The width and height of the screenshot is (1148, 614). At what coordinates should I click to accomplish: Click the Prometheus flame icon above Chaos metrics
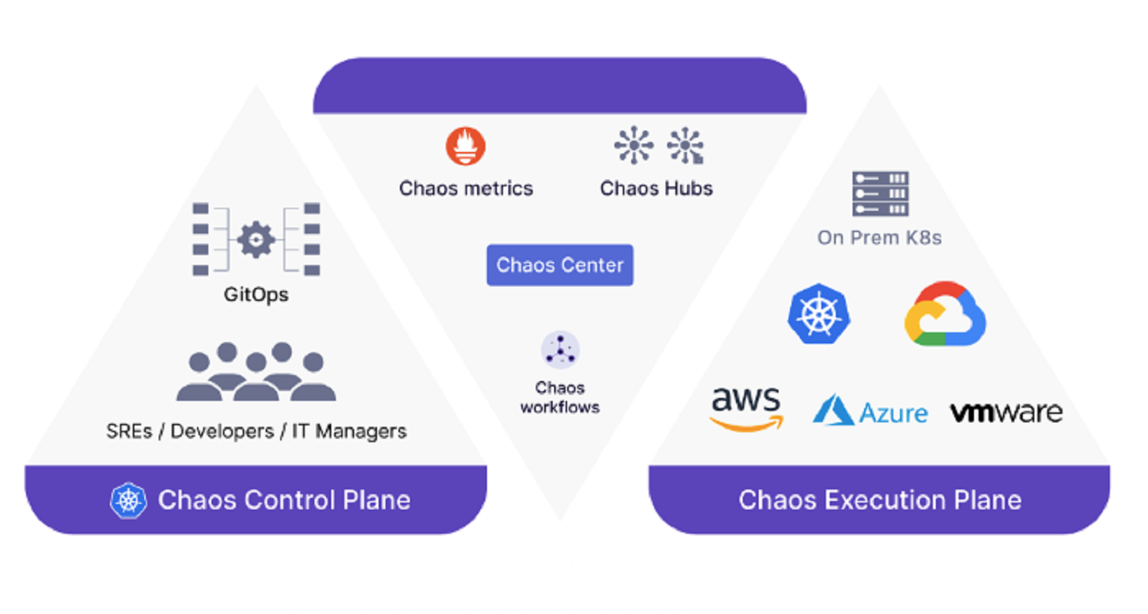(x=466, y=146)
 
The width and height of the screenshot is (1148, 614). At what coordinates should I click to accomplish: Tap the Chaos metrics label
(x=466, y=189)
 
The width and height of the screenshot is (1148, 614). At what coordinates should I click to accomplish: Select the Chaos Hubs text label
(x=656, y=189)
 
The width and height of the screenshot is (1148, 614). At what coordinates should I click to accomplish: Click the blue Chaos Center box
(x=560, y=265)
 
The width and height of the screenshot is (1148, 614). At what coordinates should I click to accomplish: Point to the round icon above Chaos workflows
(x=560, y=351)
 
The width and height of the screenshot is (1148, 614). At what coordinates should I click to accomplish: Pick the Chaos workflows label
(x=560, y=397)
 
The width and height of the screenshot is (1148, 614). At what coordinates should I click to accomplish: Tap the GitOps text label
(x=256, y=294)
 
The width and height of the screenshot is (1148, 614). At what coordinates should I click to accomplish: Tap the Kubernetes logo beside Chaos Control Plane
(x=129, y=501)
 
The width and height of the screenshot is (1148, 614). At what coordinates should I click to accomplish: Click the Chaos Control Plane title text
(x=284, y=500)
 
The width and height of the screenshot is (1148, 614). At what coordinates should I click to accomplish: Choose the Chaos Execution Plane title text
(x=880, y=500)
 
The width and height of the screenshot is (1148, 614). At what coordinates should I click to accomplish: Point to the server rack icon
(x=880, y=194)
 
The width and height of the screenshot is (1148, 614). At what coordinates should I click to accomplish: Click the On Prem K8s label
(x=879, y=238)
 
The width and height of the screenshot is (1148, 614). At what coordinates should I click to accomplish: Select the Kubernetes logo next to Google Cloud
(x=818, y=314)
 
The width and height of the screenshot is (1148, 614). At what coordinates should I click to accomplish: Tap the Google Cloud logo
(x=945, y=314)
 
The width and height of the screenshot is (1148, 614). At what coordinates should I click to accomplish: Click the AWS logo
(x=746, y=409)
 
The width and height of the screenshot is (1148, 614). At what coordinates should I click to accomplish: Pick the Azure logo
(x=870, y=411)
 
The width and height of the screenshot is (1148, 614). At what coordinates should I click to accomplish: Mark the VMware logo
(x=1006, y=412)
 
